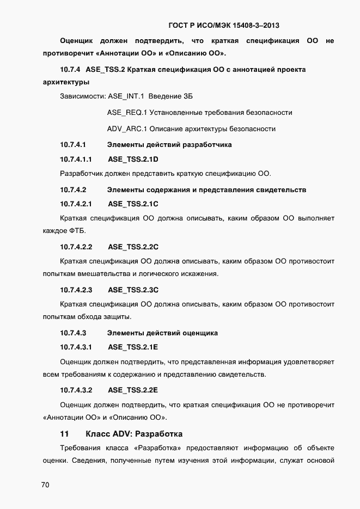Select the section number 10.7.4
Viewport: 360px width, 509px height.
[70, 70]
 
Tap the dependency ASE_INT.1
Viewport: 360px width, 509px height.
[126, 96]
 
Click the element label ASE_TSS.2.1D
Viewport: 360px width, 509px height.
[133, 160]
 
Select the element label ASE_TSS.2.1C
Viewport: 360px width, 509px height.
[133, 204]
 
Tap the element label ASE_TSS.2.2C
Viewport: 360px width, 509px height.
[133, 247]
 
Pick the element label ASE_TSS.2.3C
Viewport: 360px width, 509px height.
[133, 290]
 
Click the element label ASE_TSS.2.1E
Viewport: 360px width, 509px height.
[133, 347]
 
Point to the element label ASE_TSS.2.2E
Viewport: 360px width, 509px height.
[133, 390]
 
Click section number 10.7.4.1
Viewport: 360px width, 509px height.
[73, 145]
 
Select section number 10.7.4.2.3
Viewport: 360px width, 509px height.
[76, 290]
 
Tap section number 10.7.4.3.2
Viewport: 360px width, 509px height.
[76, 390]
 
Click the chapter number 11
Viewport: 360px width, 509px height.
[64, 434]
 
